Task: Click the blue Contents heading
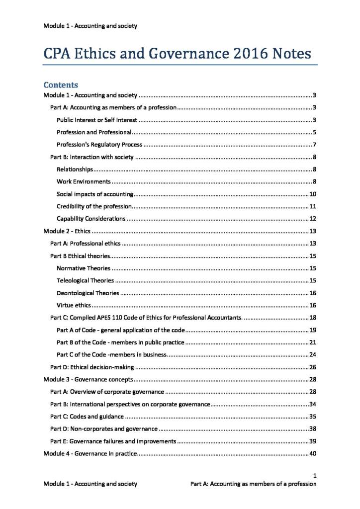click(61, 85)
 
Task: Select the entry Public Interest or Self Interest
click(97, 120)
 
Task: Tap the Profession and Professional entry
click(94, 132)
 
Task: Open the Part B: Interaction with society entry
click(92, 157)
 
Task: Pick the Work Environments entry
click(84, 181)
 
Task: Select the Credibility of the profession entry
click(94, 206)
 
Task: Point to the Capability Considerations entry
click(91, 219)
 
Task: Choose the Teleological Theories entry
click(85, 280)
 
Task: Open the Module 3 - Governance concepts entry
click(88, 379)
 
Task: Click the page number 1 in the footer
click(315, 475)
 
